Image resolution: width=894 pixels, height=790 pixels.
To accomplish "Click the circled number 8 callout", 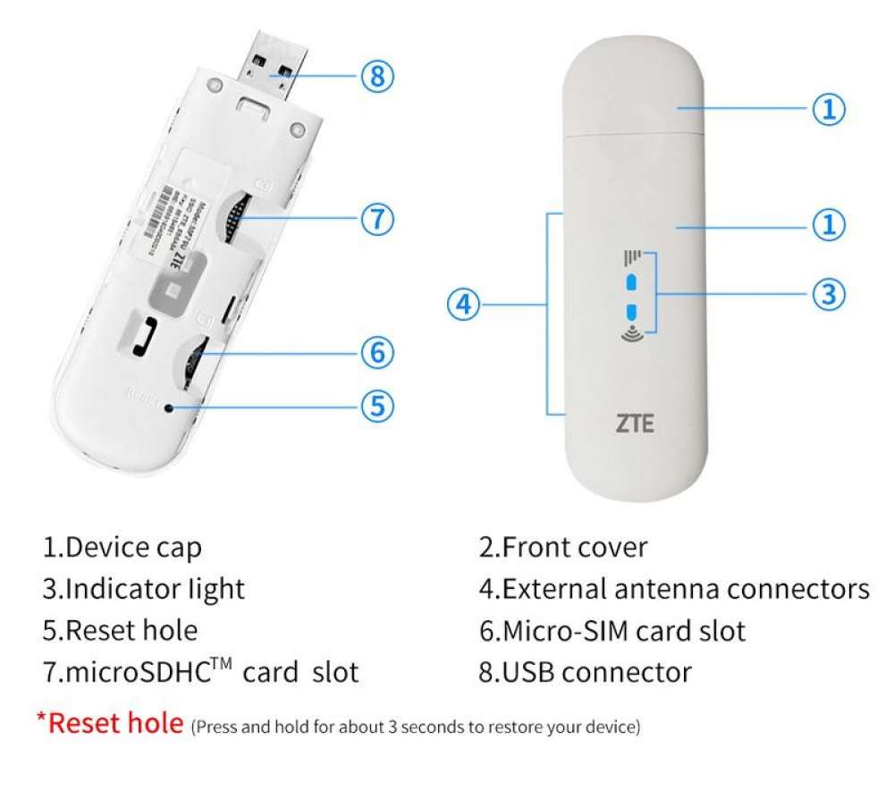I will (377, 77).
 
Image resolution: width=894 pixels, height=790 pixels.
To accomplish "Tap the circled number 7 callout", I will (377, 219).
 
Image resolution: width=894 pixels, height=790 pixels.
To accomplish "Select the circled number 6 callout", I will (377, 353).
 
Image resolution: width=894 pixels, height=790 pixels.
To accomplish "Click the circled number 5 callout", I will (377, 406).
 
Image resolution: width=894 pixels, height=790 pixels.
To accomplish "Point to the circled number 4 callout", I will (462, 306).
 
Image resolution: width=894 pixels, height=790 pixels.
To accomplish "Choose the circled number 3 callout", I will (828, 293).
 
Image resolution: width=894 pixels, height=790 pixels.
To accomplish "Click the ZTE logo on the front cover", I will (635, 423).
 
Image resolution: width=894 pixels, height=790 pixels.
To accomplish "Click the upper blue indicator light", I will (632, 282).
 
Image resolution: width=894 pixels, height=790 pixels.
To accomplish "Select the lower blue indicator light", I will (632, 312).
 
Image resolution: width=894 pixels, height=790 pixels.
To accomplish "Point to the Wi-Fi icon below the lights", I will (631, 336).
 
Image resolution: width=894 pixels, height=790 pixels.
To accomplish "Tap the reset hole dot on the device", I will (168, 408).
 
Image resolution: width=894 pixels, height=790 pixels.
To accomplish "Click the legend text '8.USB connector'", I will (585, 671).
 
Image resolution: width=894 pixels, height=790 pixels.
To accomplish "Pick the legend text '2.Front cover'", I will (563, 547).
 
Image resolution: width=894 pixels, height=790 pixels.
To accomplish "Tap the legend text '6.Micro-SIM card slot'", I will (611, 631).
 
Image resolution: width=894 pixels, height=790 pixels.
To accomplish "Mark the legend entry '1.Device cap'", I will (122, 547).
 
